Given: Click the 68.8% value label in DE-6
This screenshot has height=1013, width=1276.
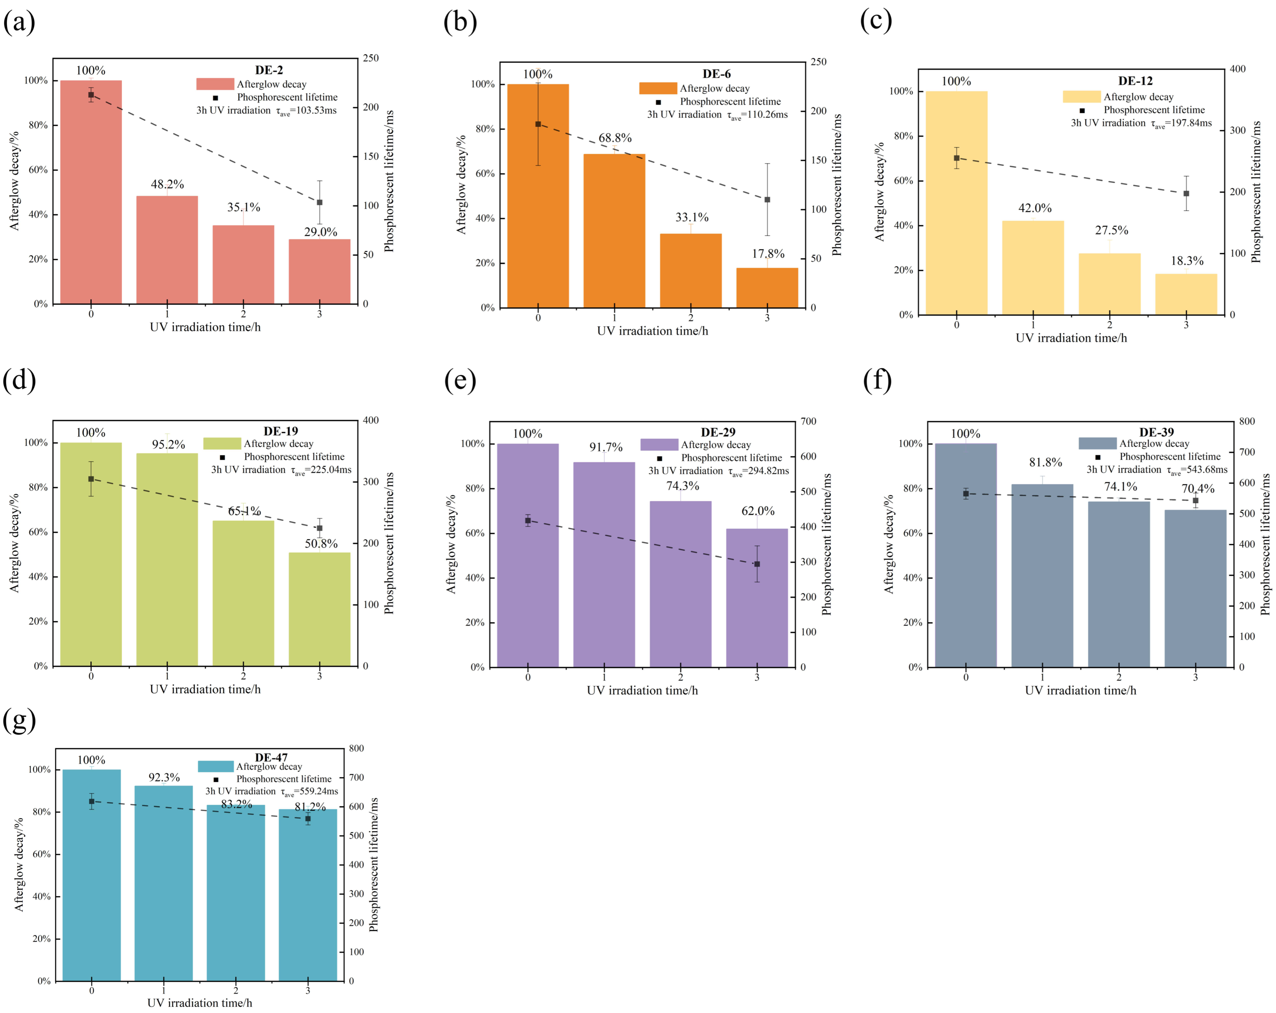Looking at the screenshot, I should click(x=615, y=138).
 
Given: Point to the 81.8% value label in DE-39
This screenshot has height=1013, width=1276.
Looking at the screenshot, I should click(x=1045, y=462).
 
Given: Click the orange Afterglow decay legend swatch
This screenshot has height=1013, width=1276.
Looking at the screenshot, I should click(x=658, y=88).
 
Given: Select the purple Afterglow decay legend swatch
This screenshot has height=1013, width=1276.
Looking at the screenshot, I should click(x=659, y=445).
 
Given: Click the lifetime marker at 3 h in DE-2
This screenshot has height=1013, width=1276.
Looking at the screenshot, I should click(x=320, y=203).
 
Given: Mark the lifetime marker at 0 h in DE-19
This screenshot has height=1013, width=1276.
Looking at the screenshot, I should click(x=91, y=479).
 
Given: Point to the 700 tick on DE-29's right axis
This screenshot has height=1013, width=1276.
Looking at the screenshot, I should click(x=809, y=421).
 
